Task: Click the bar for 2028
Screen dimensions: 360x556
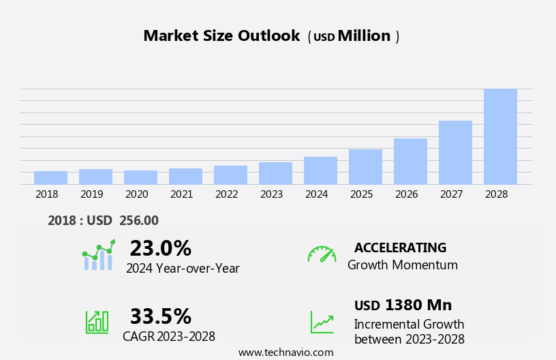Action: (500, 136)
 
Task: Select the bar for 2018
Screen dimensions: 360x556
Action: (50, 178)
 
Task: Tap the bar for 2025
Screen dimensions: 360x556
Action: (365, 167)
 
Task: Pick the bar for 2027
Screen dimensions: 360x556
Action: (455, 153)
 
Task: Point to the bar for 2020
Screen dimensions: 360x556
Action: (140, 177)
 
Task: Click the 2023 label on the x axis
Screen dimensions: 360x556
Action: (271, 194)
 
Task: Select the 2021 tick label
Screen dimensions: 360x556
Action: (181, 194)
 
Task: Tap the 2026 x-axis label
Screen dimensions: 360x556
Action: (406, 194)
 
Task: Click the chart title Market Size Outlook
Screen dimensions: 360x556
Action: (221, 36)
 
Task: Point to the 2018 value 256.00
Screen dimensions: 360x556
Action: (139, 221)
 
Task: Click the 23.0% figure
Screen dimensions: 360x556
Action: (160, 248)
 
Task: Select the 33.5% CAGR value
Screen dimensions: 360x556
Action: (160, 316)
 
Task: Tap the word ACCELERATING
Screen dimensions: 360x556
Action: (400, 248)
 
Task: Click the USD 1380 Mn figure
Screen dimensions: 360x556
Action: (403, 305)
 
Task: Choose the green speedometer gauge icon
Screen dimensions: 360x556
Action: (322, 254)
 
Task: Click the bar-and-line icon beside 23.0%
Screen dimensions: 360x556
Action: (98, 255)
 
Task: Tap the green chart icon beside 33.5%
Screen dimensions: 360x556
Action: (97, 321)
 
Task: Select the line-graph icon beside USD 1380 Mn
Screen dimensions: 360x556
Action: (322, 322)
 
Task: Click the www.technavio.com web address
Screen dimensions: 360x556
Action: (285, 352)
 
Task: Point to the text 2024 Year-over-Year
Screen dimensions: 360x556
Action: (183, 269)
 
